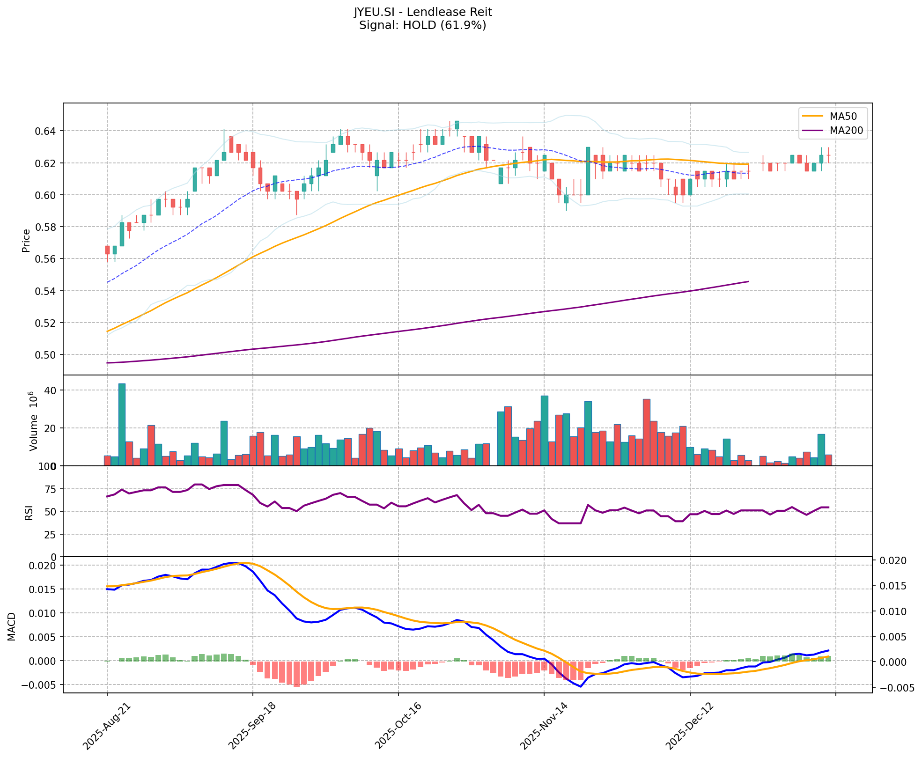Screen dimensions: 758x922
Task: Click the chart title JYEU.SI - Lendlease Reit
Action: point(422,12)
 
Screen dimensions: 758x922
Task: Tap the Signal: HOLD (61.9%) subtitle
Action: point(422,25)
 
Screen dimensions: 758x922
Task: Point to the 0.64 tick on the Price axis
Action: point(46,131)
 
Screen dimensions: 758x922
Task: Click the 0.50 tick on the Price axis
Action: point(46,355)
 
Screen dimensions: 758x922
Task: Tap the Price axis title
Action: point(26,240)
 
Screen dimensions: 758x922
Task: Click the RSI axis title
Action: point(29,512)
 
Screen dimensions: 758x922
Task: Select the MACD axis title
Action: point(12,626)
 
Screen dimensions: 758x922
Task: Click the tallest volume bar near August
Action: point(122,424)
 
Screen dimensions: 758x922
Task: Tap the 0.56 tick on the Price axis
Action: point(46,259)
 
